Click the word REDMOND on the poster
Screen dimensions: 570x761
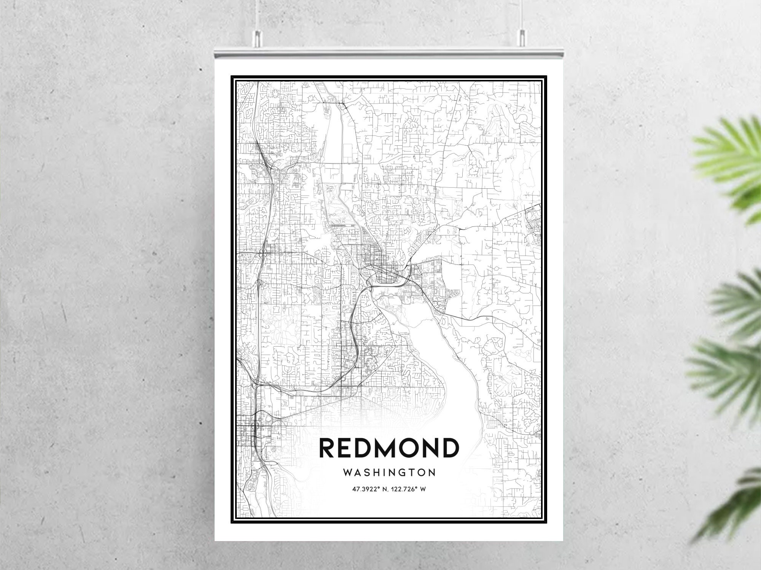point(389,448)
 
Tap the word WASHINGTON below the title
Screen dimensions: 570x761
point(389,473)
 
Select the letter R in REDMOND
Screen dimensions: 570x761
point(328,448)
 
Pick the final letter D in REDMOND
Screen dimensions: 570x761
point(450,448)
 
